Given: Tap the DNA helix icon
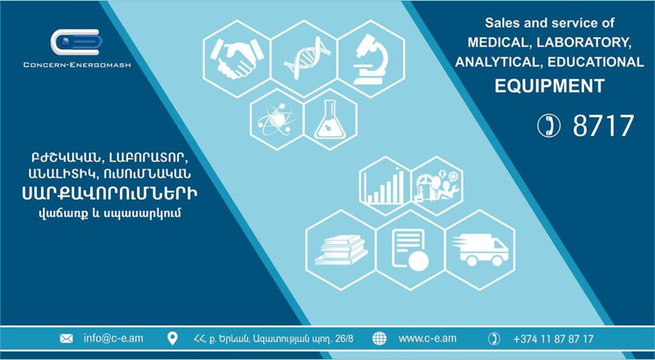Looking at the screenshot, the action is [x=307, y=58].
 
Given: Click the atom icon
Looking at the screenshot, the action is [x=277, y=119].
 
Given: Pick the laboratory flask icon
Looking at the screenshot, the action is [x=330, y=119].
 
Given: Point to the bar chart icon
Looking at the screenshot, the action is [x=384, y=186].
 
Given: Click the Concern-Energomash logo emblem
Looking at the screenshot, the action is [x=77, y=42].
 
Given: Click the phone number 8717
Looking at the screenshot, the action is [x=603, y=126].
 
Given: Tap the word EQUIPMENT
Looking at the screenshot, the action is [x=550, y=86].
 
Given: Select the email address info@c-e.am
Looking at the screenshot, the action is [x=113, y=338].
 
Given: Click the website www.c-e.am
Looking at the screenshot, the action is [x=427, y=338].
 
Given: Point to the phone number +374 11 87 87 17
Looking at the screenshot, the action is [x=553, y=339].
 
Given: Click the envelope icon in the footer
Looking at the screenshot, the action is [x=66, y=339].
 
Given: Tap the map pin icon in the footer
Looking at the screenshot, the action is [x=173, y=339].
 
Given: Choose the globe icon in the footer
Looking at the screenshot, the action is [x=379, y=339].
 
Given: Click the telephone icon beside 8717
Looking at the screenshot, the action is [x=549, y=125].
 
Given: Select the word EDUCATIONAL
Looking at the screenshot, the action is [x=596, y=62].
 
